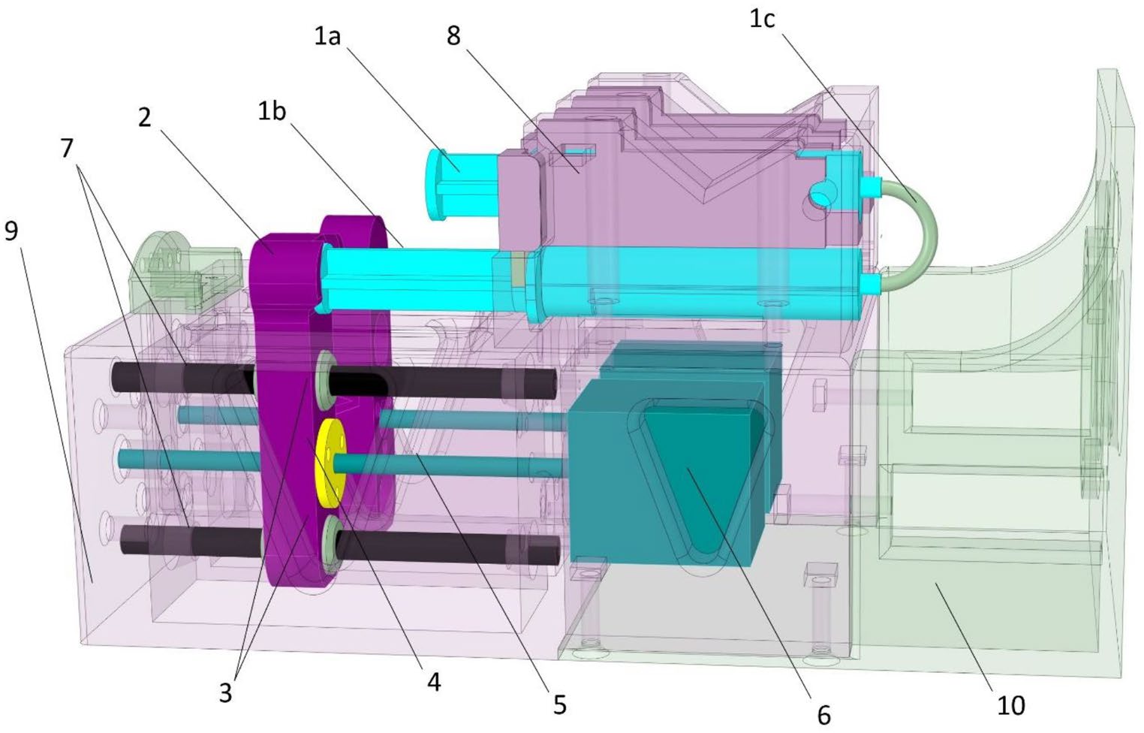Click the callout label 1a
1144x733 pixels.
click(327, 36)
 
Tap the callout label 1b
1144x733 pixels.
click(272, 111)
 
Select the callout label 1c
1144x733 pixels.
click(762, 19)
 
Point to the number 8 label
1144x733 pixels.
click(453, 36)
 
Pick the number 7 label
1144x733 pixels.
click(67, 149)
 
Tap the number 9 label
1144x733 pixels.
click(11, 231)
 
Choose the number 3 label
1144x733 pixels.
click(225, 692)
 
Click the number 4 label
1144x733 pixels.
click(434, 681)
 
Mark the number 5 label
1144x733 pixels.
click(560, 705)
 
